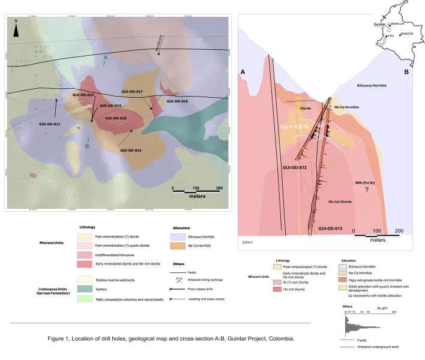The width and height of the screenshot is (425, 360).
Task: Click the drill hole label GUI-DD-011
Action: [x=49, y=124]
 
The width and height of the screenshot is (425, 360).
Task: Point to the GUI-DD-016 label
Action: [x=177, y=101]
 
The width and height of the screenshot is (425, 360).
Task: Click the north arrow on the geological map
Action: [x=17, y=25]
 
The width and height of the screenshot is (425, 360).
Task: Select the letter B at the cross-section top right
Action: [x=406, y=72]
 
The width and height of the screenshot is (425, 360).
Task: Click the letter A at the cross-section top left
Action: [x=244, y=72]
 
